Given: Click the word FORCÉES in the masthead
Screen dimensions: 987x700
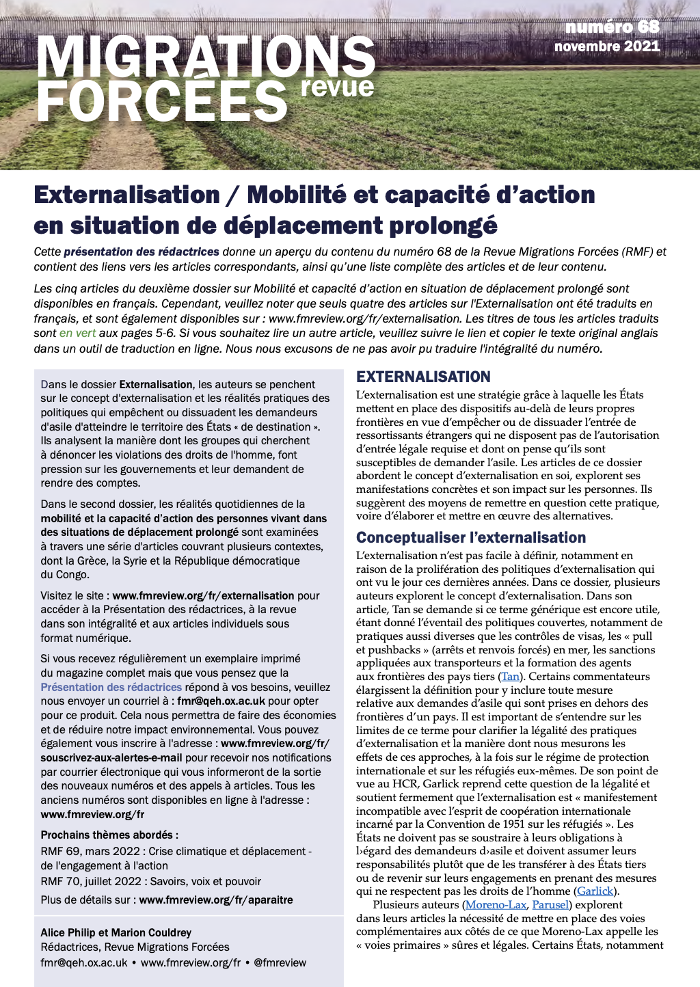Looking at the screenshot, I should [163, 100].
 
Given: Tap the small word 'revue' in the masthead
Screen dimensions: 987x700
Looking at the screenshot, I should [338, 87].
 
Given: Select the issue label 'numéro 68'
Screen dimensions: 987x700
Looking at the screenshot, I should [612, 27].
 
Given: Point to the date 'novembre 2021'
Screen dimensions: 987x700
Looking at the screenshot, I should [607, 46].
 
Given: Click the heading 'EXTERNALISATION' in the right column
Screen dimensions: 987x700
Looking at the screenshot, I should [423, 377].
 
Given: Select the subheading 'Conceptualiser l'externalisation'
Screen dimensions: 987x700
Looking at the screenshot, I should [471, 537].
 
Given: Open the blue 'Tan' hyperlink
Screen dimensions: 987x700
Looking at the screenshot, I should [510, 677].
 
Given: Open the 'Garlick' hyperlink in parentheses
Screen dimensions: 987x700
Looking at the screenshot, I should [595, 891].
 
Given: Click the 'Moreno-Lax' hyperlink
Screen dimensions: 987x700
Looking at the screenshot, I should [496, 905].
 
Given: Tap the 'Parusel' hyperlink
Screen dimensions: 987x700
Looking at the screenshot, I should [550, 905].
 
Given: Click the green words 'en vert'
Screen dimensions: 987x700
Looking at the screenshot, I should [77, 334].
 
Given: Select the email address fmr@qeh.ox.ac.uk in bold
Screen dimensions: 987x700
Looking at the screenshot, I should [221, 701].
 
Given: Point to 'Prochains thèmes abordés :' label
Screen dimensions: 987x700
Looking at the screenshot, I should [109, 835].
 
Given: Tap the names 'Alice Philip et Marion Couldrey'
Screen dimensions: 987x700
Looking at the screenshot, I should [116, 932].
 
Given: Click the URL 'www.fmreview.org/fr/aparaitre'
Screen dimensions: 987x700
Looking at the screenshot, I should [216, 900].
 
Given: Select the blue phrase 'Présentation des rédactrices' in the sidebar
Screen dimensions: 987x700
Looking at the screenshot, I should [111, 687].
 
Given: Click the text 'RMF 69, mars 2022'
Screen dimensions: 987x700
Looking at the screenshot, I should [90, 851].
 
